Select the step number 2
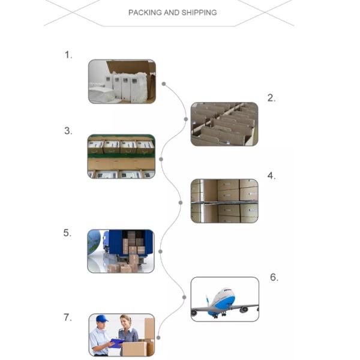pyautogui.click(x=271, y=98)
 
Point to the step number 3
pyautogui.click(x=68, y=131)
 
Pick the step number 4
pyautogui.click(x=271, y=176)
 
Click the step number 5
pyautogui.click(x=67, y=233)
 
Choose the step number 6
pyautogui.click(x=274, y=277)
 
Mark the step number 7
pyautogui.click(x=67, y=317)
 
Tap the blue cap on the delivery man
pyautogui.click(x=102, y=319)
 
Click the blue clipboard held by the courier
pyautogui.click(x=117, y=343)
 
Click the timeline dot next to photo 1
pyautogui.click(x=164, y=84)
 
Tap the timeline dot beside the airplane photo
pyautogui.click(x=184, y=298)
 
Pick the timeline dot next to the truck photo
pyautogui.click(x=160, y=251)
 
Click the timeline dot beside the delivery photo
pyautogui.click(x=158, y=337)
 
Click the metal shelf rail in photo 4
pyautogui.click(x=224, y=202)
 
